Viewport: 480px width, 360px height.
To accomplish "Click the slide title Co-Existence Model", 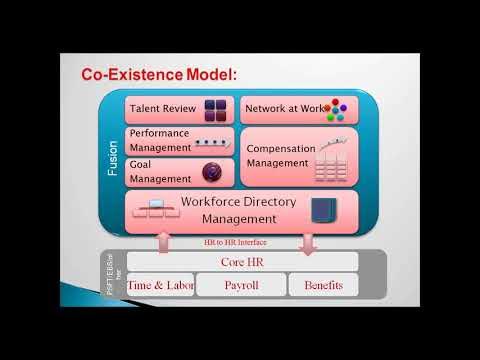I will point(161,75).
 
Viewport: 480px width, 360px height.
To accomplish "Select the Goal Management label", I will point(160,171).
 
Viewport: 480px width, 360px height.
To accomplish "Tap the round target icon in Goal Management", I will point(211,172).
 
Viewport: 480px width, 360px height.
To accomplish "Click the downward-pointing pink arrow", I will point(307,241).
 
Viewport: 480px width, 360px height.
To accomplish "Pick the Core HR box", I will point(241,262).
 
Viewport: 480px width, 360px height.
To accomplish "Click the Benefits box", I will point(323,285).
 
